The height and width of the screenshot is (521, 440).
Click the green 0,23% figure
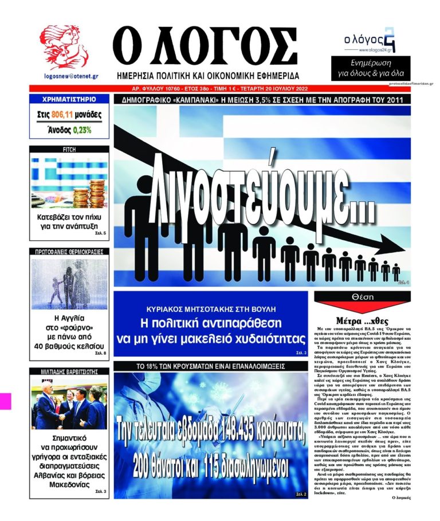81,130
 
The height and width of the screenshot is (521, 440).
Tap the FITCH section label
69,150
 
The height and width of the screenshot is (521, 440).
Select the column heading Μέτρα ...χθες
364,320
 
